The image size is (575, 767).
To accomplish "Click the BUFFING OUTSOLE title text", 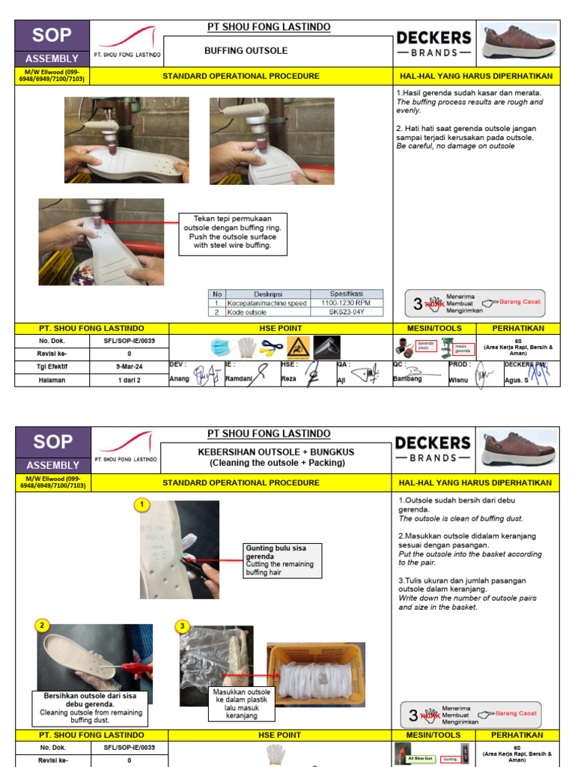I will (x=246, y=51).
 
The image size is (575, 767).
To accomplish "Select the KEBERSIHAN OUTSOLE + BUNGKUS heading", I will (x=276, y=452).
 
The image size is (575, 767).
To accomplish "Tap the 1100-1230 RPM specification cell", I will (x=345, y=303).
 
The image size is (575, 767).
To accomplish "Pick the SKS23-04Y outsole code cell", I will (x=345, y=312).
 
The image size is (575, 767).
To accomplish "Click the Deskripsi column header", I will (x=267, y=294).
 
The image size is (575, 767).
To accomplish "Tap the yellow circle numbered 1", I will (x=142, y=505).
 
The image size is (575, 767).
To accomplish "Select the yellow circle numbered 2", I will (x=43, y=625).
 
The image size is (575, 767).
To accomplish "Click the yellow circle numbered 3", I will (x=182, y=625).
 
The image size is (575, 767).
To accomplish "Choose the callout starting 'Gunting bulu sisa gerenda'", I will (x=282, y=560).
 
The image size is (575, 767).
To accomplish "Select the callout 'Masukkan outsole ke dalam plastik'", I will (x=240, y=703).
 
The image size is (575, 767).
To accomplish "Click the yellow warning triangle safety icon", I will (x=298, y=348).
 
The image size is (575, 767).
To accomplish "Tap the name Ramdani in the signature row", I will (x=240, y=380).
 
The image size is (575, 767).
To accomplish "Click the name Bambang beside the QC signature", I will (x=407, y=379).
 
